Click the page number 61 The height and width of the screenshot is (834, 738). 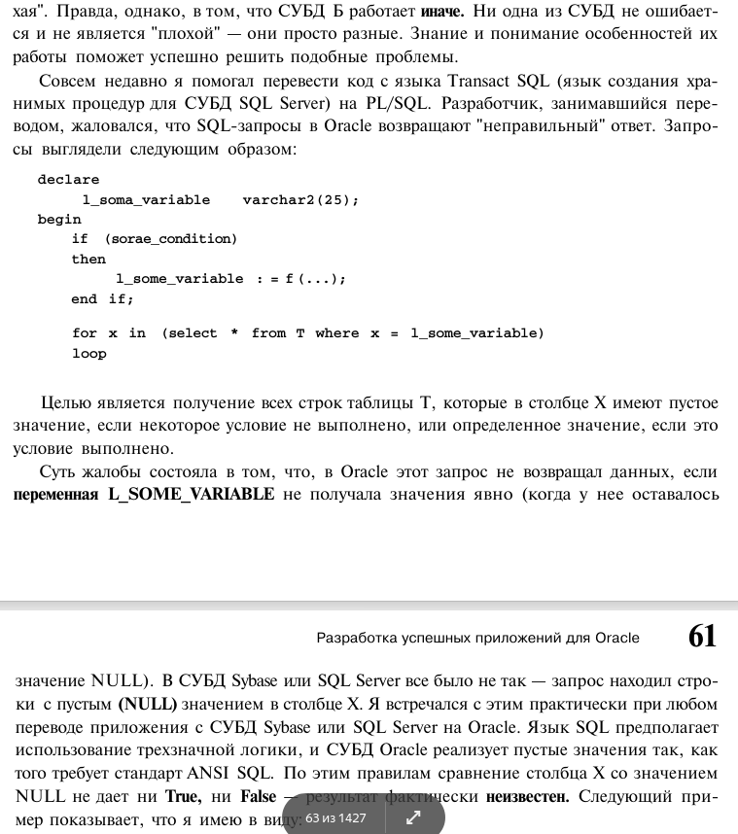pyautogui.click(x=702, y=637)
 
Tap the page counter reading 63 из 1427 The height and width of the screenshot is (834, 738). pyautogui.click(x=335, y=817)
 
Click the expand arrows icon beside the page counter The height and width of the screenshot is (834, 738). pyautogui.click(x=412, y=818)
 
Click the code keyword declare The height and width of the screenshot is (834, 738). pyautogui.click(x=68, y=180)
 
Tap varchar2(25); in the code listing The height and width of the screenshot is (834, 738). pyautogui.click(x=300, y=200)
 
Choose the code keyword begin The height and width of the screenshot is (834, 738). pyautogui.click(x=59, y=220)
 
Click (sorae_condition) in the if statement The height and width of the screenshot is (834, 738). pyautogui.click(x=170, y=239)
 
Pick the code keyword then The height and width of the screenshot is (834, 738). pyautogui.click(x=88, y=260)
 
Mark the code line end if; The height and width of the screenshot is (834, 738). pyautogui.click(x=102, y=299)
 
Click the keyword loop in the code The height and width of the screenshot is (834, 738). pyautogui.click(x=88, y=354)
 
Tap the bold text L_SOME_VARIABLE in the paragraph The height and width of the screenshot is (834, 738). pyautogui.click(x=191, y=495)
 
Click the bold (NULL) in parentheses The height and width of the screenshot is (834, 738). pyautogui.click(x=147, y=703)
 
